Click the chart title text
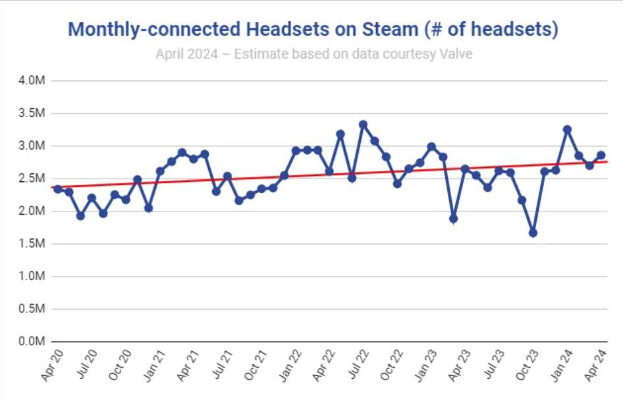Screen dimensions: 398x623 (x=313, y=30)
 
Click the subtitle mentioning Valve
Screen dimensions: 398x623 (x=313, y=53)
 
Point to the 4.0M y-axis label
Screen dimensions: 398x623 (x=31, y=80)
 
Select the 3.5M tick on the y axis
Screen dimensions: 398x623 (x=31, y=113)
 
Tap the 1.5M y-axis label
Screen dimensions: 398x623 (x=31, y=244)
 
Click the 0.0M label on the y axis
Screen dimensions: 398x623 (x=31, y=342)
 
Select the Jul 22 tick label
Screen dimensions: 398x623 (x=356, y=366)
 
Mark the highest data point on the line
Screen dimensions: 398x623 (x=363, y=124)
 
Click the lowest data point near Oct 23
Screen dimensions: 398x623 (x=533, y=233)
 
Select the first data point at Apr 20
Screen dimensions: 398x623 (x=58, y=189)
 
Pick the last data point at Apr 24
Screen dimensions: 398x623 (x=601, y=156)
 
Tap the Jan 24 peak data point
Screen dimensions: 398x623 (x=567, y=129)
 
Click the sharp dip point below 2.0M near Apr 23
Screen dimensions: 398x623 (x=453, y=218)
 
